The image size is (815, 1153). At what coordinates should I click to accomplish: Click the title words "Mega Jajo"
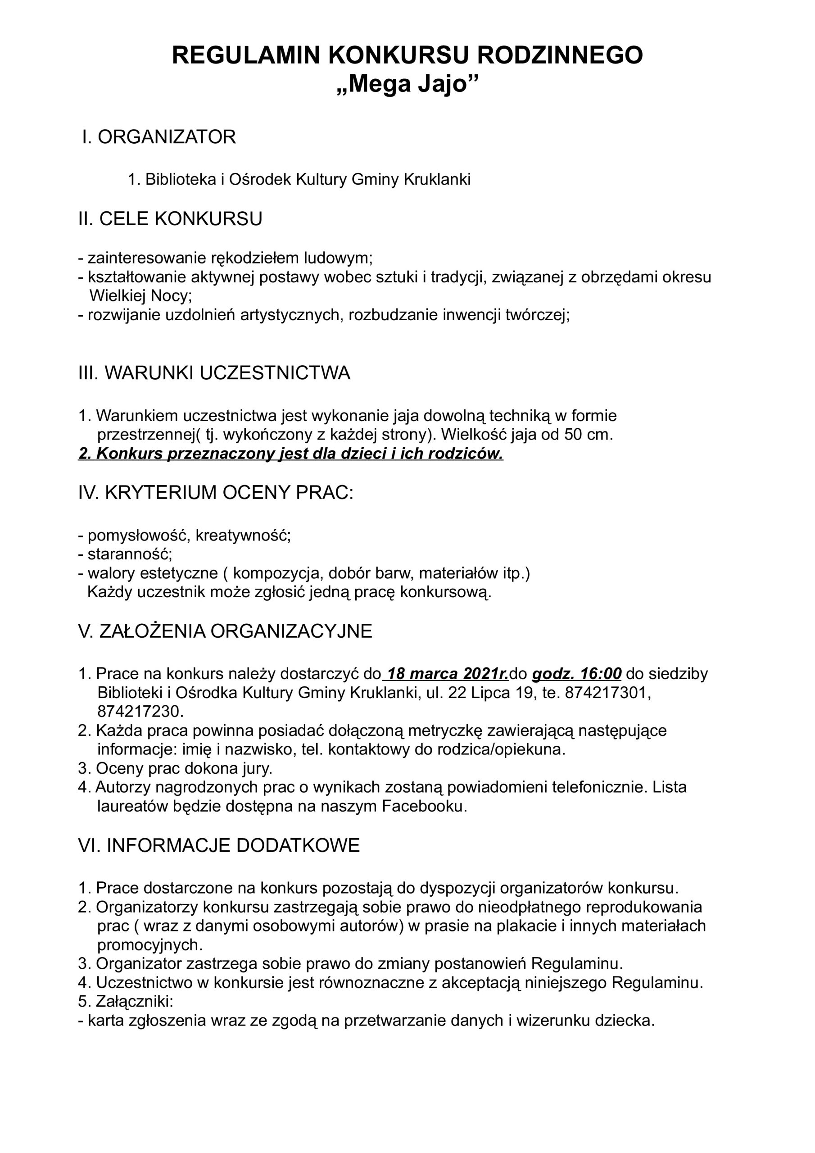407,84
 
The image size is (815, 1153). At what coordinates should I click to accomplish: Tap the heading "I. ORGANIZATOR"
159,137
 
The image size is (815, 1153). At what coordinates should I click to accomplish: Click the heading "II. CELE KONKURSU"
170,219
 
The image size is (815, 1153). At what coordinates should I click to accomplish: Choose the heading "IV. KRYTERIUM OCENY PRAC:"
216,493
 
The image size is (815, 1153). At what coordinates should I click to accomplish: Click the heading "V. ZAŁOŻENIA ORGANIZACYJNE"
225,631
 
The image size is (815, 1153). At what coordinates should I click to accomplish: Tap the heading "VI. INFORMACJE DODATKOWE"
219,846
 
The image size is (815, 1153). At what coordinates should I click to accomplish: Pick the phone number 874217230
140,712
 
